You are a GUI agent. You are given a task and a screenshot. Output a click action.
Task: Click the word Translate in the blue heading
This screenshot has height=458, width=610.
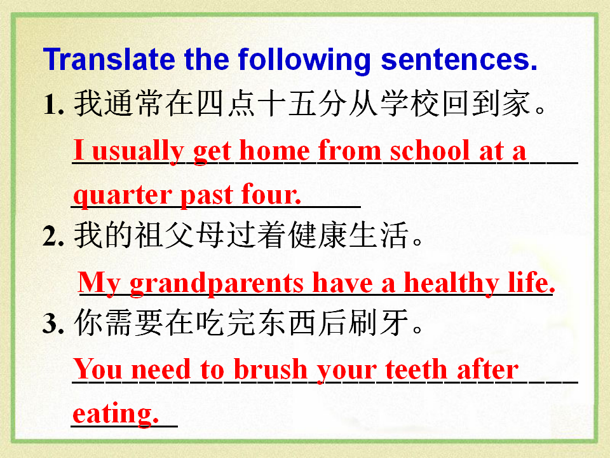click(109, 59)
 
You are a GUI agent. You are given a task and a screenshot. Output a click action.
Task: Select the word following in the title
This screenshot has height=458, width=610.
click(304, 61)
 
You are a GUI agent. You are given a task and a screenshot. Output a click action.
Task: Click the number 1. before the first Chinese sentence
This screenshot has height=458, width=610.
click(53, 104)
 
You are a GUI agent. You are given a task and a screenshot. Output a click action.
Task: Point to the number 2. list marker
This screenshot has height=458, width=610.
click(53, 235)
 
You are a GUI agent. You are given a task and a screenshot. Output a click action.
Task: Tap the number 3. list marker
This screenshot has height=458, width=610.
click(53, 323)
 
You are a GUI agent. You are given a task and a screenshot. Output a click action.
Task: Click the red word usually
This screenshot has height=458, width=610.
click(138, 152)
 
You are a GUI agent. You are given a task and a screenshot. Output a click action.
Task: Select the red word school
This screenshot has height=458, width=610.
click(430, 150)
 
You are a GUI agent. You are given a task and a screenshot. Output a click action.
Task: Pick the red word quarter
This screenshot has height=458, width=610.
click(123, 195)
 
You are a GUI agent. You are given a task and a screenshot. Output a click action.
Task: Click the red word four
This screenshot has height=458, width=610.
click(271, 193)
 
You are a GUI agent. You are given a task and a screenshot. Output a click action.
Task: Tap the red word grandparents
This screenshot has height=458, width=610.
click(217, 284)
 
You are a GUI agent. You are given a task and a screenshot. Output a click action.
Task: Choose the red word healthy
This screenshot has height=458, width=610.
click(452, 284)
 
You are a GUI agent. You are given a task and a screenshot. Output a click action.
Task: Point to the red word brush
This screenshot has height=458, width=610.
click(271, 368)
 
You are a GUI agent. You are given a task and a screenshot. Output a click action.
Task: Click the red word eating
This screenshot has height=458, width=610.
click(116, 414)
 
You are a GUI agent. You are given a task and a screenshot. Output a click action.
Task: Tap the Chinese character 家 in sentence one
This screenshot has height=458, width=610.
click(517, 104)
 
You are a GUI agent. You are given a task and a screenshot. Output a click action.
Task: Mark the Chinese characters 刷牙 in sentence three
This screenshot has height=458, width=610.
click(378, 323)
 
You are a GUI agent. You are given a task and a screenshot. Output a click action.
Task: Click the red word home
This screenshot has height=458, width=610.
click(274, 150)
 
